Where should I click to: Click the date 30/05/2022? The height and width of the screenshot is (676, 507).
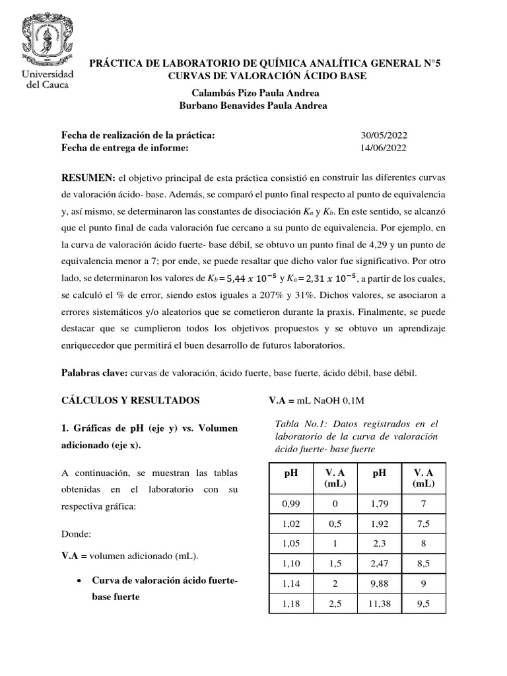click(384, 135)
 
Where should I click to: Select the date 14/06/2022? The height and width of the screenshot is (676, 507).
click(384, 148)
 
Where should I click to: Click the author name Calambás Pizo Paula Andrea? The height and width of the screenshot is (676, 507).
click(253, 94)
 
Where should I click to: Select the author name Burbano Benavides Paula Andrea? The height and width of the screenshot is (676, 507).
click(253, 106)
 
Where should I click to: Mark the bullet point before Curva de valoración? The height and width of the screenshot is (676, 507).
click(79, 580)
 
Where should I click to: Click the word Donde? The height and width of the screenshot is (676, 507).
click(75, 531)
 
